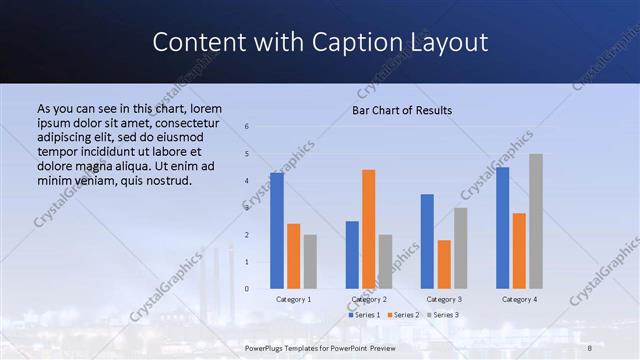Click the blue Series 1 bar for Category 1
point(277,231)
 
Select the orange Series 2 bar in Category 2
point(369,229)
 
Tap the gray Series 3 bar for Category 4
point(536,221)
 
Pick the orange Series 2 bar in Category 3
point(444,264)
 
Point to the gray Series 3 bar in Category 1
point(310,262)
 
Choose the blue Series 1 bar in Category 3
point(427,241)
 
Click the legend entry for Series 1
point(365,315)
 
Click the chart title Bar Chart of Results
point(402,110)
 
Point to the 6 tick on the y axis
point(247,127)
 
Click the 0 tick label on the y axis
point(247,289)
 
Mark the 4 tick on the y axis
point(247,181)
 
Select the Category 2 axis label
point(369,299)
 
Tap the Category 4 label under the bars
point(519,299)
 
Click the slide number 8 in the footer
point(590,348)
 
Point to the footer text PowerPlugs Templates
point(290,348)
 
